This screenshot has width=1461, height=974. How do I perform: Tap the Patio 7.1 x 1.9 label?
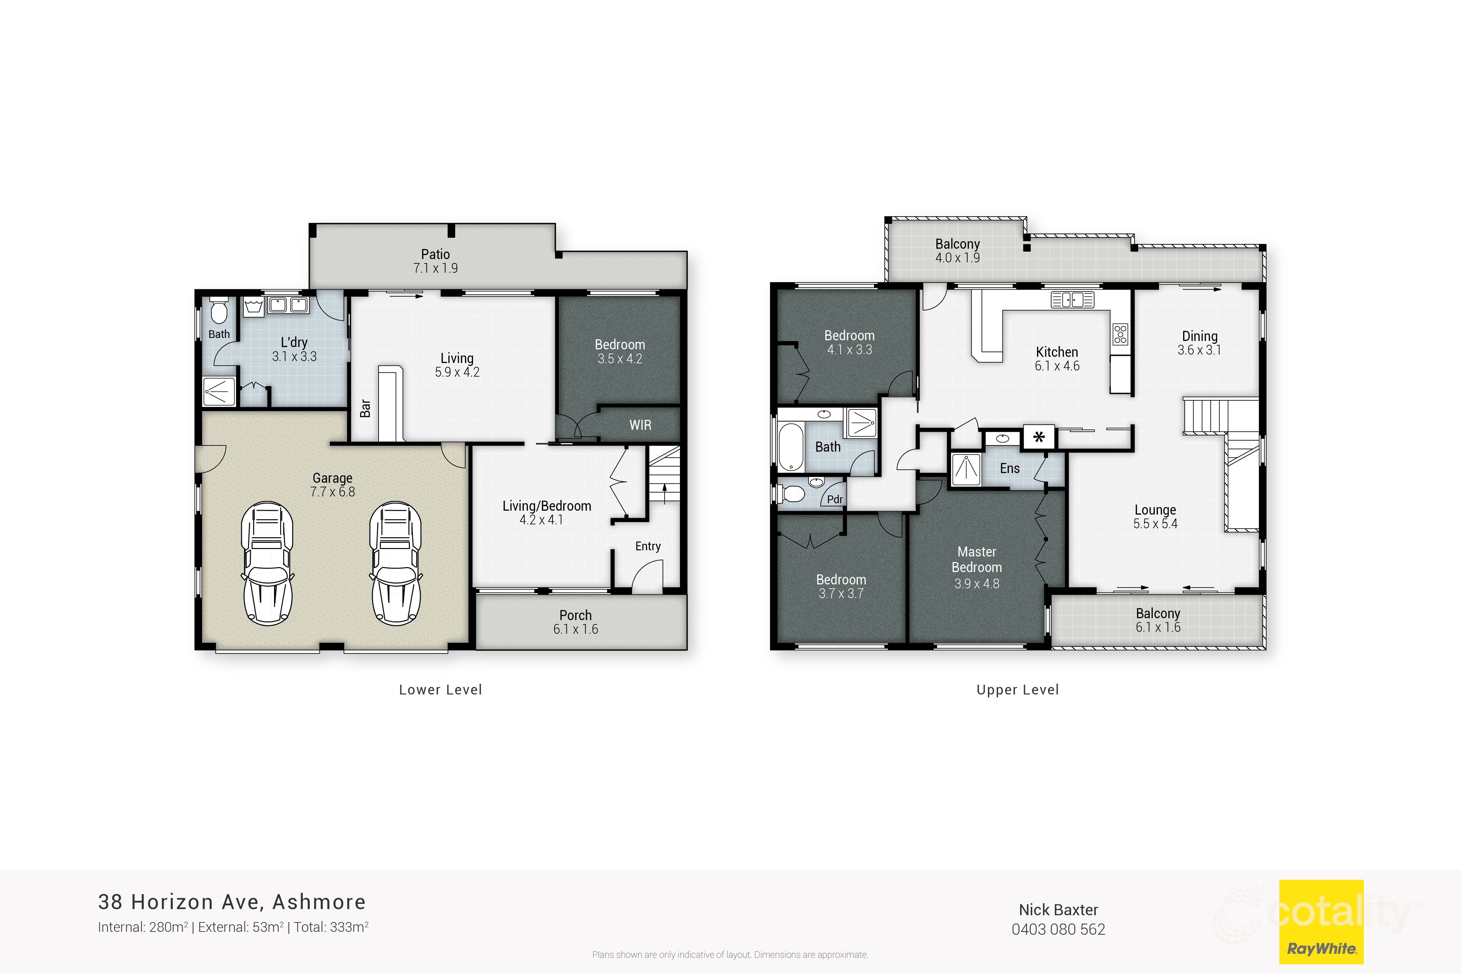click(435, 261)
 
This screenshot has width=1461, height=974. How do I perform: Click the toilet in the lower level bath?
click(219, 311)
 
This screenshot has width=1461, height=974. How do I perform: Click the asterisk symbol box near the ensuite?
click(1039, 437)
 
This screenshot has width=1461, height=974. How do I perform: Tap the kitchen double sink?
click(1072, 300)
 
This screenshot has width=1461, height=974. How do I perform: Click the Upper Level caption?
click(1018, 690)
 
